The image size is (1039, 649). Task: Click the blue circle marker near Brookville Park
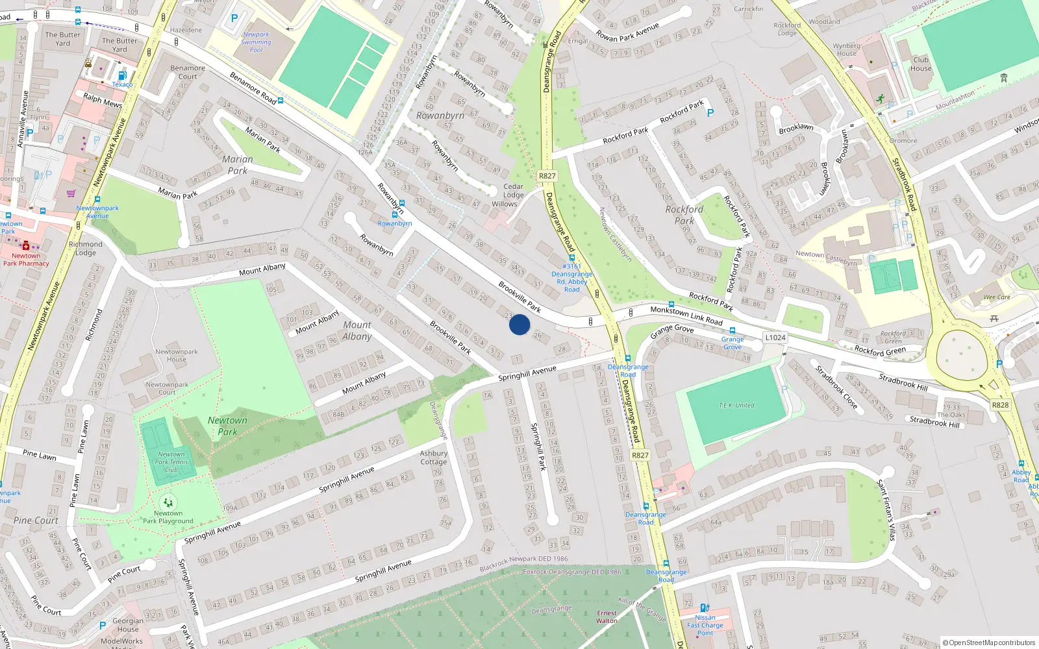[x=519, y=324]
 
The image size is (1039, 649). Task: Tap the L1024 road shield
[x=775, y=337]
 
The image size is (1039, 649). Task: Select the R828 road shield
[x=1000, y=405]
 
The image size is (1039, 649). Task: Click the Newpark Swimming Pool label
[x=257, y=42]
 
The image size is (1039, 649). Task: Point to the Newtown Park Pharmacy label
[x=26, y=260]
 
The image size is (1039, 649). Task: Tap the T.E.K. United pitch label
[x=736, y=406]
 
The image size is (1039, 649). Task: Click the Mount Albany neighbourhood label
[x=357, y=330]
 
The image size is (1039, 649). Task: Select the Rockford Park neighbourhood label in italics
[x=684, y=215]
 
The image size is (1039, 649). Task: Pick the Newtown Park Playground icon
[x=168, y=502]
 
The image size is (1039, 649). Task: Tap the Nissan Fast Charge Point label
[x=705, y=625]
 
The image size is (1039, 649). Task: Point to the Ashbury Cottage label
[x=433, y=458]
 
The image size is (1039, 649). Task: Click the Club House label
[x=921, y=64]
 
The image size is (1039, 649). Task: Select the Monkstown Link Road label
[x=686, y=315]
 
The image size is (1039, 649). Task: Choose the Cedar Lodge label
[x=513, y=191]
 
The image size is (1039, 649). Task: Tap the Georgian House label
[x=128, y=625]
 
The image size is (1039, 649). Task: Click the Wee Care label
[x=997, y=297]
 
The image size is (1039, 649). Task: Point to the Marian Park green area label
[x=238, y=165]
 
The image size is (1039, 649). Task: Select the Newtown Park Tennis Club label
[x=171, y=462]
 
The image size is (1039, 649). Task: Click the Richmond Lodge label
[x=86, y=249]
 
